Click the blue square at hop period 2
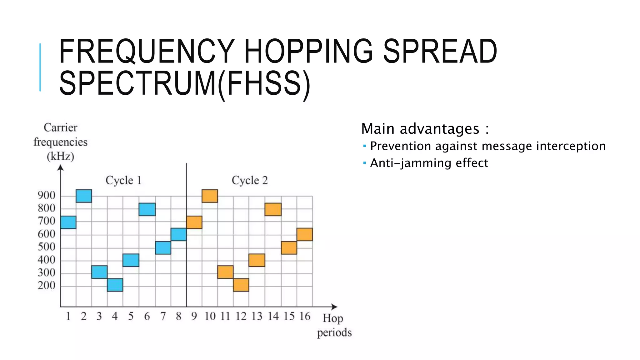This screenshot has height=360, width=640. [x=84, y=196]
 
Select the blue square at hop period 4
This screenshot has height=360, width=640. [x=115, y=285]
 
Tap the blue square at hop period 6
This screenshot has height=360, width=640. [x=147, y=209]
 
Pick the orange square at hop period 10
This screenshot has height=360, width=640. [x=210, y=196]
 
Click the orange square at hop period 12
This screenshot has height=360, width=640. [x=241, y=285]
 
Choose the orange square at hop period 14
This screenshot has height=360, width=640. [x=273, y=209]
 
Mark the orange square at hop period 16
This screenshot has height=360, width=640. [x=305, y=234]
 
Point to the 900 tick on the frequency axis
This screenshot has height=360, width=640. [x=46, y=196]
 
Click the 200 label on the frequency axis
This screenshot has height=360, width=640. [x=46, y=286]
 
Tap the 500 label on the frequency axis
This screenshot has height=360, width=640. [x=46, y=247]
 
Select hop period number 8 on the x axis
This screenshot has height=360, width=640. [x=178, y=316]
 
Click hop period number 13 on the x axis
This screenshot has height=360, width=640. [x=257, y=316]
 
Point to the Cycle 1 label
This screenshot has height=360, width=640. [x=123, y=180]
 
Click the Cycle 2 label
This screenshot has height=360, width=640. [x=250, y=180]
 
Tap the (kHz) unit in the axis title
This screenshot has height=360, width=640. [x=60, y=156]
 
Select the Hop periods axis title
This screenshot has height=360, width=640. [x=334, y=325]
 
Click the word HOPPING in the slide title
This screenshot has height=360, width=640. [x=308, y=52]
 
